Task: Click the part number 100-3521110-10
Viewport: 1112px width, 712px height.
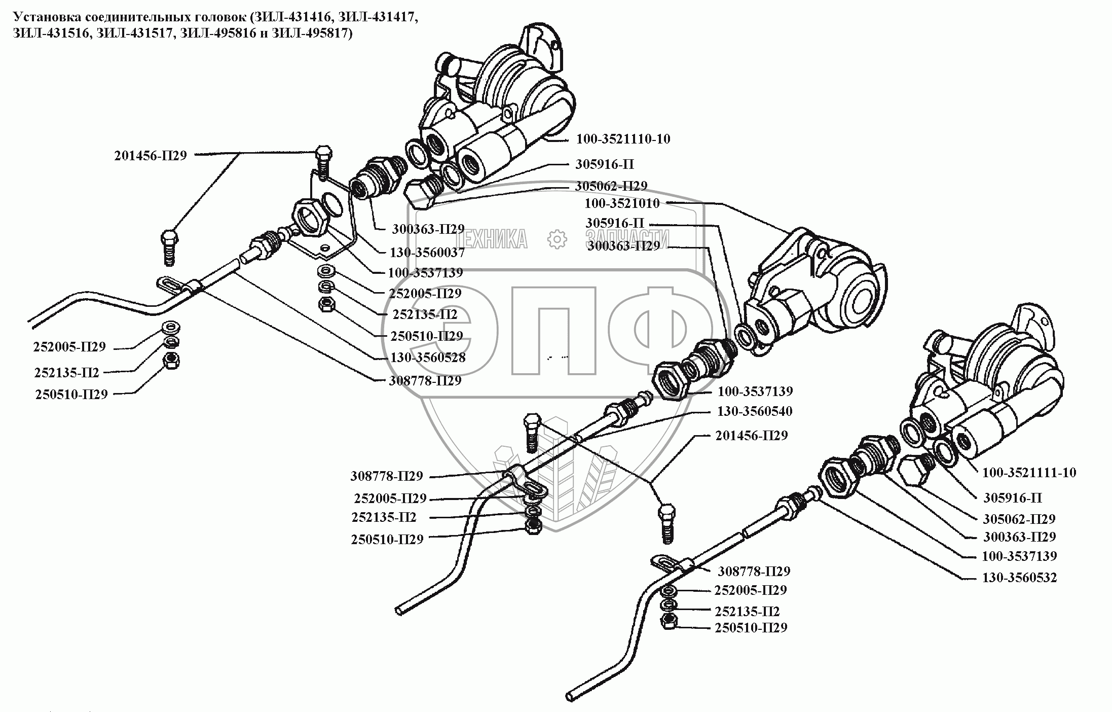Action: tap(623, 139)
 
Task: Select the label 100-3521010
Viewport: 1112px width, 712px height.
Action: tap(622, 203)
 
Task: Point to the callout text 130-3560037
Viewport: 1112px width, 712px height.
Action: tap(427, 252)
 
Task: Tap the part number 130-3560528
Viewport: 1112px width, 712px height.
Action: tap(428, 358)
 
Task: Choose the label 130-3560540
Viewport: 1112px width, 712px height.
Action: tap(754, 411)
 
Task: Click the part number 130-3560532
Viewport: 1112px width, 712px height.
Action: tap(1019, 578)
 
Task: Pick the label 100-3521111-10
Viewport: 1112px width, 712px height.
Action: tap(1029, 473)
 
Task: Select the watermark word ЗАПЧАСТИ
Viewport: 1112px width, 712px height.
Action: tap(627, 239)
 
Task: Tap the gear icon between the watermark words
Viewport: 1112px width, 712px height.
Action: tap(558, 239)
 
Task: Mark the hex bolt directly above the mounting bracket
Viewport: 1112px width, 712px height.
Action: tap(323, 161)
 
